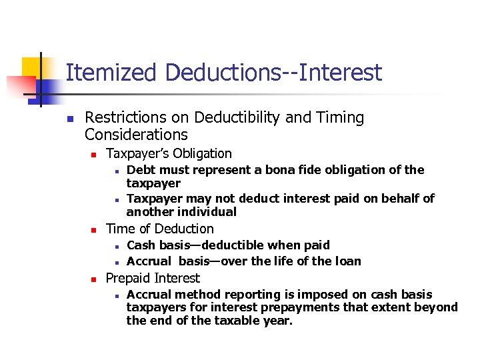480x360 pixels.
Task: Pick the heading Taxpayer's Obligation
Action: [169, 153]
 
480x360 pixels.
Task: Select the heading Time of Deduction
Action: [159, 229]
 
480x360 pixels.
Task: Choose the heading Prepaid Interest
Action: [153, 278]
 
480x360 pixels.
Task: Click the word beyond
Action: [437, 307]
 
